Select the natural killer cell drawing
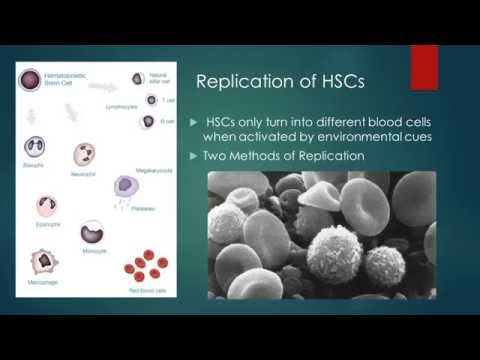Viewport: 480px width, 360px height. [137, 77]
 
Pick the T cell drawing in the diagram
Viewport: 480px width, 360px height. [151, 101]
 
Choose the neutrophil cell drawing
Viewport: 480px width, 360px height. [84, 155]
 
